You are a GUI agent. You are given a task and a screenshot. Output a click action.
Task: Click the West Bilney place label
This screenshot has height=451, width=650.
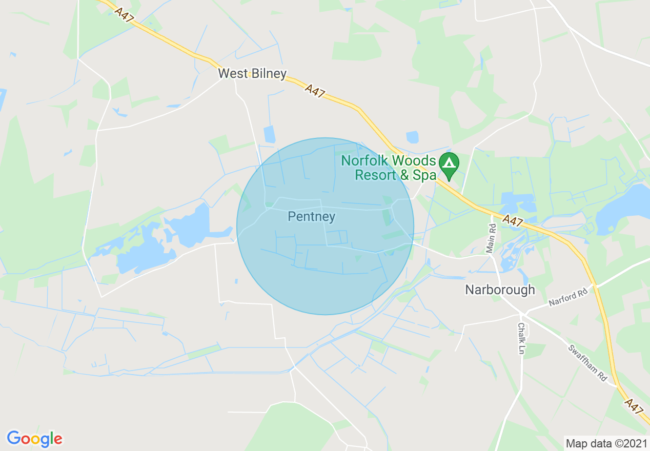[x=252, y=74]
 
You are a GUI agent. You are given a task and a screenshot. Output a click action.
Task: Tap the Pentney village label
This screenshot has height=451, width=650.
[x=311, y=217]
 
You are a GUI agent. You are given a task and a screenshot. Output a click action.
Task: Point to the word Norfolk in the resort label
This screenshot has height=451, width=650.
[x=365, y=160]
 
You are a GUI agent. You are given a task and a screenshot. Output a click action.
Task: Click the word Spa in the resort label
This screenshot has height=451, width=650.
[x=425, y=175]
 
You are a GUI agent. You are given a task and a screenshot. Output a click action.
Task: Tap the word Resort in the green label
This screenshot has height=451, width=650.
[x=375, y=175]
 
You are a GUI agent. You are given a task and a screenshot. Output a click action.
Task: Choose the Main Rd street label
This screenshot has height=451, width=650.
[x=493, y=237]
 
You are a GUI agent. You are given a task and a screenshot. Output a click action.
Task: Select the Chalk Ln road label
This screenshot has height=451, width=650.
[x=521, y=338]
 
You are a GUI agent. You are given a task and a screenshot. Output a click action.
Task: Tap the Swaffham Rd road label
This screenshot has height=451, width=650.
[x=587, y=362]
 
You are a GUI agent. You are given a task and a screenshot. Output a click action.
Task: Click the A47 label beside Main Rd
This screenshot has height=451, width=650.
[x=513, y=221]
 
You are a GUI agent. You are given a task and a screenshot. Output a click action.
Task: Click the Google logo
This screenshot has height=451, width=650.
[x=34, y=439]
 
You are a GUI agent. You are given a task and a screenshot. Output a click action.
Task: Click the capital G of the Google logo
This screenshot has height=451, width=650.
[x=13, y=438]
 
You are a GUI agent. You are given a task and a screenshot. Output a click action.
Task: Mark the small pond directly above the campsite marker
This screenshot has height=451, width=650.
[x=412, y=137]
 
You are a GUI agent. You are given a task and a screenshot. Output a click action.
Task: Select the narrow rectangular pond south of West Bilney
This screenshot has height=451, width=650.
[x=269, y=134]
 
